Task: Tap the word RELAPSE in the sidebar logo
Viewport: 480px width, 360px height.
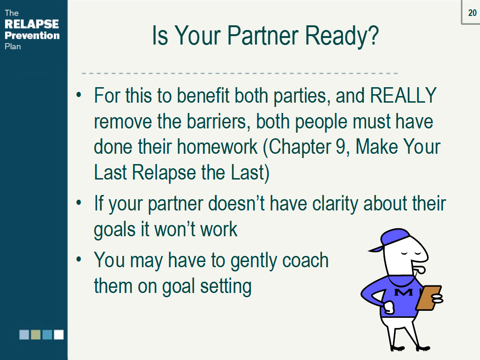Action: click(x=32, y=24)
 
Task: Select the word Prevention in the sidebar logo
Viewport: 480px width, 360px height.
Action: click(x=32, y=36)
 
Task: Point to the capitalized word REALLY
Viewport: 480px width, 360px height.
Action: click(x=403, y=96)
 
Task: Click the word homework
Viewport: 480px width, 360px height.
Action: click(x=217, y=147)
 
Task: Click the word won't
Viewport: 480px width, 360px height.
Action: click(x=173, y=229)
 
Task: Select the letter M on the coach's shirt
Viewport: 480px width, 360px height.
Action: click(x=404, y=292)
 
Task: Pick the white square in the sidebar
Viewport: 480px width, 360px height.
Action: click(x=59, y=334)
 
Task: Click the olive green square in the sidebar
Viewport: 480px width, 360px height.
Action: click(x=36, y=334)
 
